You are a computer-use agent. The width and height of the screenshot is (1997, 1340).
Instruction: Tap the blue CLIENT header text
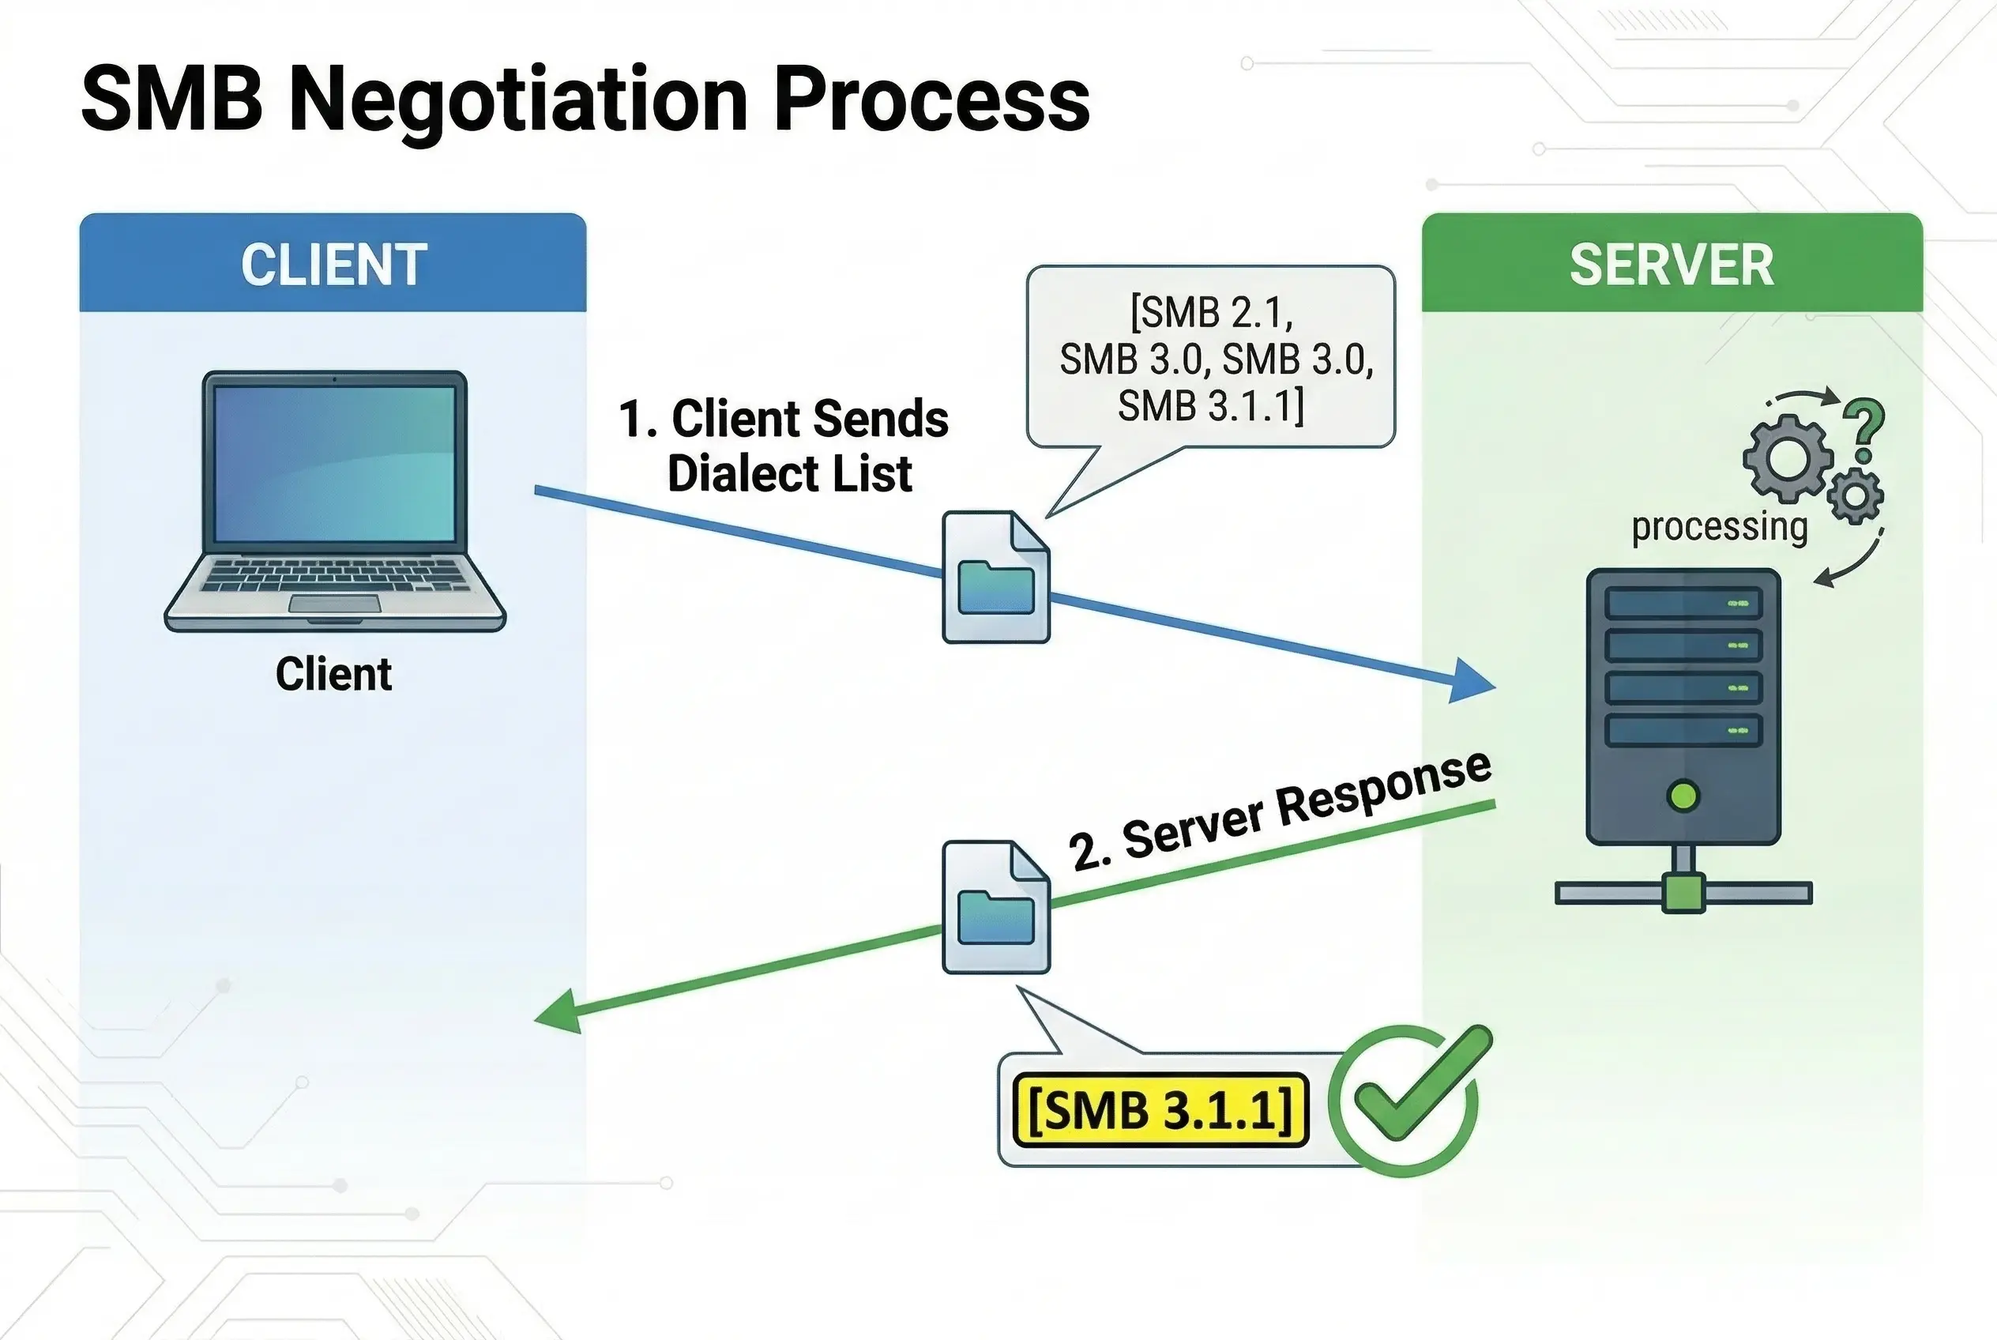[x=333, y=264]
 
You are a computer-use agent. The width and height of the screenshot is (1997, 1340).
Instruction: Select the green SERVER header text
[x=1672, y=264]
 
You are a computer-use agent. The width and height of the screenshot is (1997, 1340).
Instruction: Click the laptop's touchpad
[x=334, y=604]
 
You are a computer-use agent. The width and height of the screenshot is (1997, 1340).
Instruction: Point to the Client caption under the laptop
[x=333, y=674]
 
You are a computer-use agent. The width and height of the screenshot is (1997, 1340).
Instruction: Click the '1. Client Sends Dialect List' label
[x=784, y=446]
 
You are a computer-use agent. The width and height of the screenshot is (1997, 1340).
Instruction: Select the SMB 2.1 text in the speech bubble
[x=1211, y=313]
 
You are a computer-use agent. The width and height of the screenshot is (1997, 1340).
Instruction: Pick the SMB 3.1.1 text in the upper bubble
[x=1211, y=405]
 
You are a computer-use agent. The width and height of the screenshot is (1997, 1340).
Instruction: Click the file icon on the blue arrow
[x=995, y=577]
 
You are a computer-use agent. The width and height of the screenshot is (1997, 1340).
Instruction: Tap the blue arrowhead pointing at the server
[x=1474, y=681]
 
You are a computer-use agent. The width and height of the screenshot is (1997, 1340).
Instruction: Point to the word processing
[x=1718, y=526]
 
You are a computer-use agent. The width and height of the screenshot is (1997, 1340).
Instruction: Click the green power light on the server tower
[x=1683, y=796]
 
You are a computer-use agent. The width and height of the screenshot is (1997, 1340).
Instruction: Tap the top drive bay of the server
[x=1682, y=604]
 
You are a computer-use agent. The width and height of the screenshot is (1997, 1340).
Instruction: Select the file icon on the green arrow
[x=995, y=907]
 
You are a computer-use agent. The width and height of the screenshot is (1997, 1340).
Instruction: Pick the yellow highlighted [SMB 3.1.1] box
[x=1160, y=1110]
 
